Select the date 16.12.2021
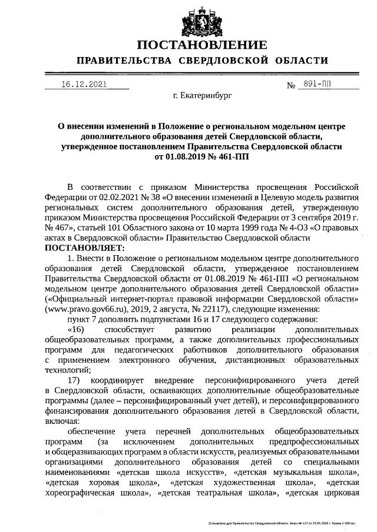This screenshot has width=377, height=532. [x=84, y=84]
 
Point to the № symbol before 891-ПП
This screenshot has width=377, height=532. [x=290, y=86]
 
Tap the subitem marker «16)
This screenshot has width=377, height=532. [x=78, y=330]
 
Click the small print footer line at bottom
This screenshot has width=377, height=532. [x=283, y=522]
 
